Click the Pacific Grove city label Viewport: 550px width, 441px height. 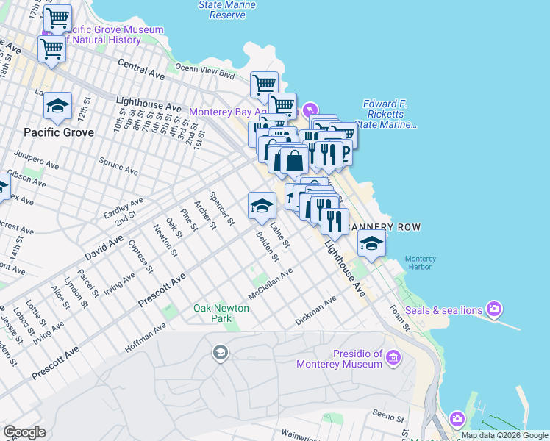(x=59, y=132)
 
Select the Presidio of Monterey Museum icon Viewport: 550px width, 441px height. (x=394, y=358)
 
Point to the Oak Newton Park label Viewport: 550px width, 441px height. (x=222, y=313)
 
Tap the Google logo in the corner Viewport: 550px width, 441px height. (x=24, y=432)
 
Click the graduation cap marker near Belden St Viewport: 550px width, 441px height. (x=261, y=207)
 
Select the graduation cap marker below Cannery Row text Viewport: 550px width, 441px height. (x=372, y=243)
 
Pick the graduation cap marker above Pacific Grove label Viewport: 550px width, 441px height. (x=57, y=107)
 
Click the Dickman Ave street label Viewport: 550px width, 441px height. (x=315, y=311)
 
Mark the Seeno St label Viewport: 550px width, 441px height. (x=389, y=416)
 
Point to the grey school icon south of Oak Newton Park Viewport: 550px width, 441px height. (x=219, y=354)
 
